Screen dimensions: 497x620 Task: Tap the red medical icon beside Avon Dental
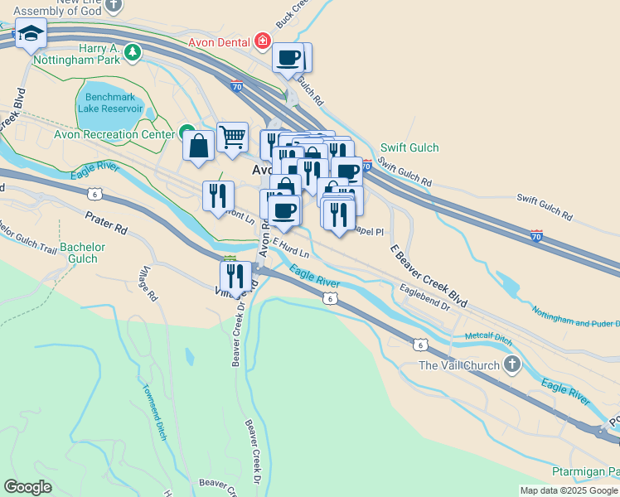(x=263, y=40)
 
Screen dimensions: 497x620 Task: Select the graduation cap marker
(x=31, y=34)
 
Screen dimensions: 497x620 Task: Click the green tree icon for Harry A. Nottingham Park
(x=133, y=53)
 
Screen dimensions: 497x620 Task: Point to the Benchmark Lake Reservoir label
(x=111, y=101)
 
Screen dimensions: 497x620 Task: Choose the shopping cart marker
(x=232, y=137)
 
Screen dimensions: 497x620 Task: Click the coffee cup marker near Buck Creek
(x=288, y=58)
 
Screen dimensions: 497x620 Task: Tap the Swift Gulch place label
(x=409, y=147)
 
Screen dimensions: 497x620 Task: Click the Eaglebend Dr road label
(x=423, y=297)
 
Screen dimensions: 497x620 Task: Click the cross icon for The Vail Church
(x=513, y=364)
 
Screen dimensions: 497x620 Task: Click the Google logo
(x=28, y=487)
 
